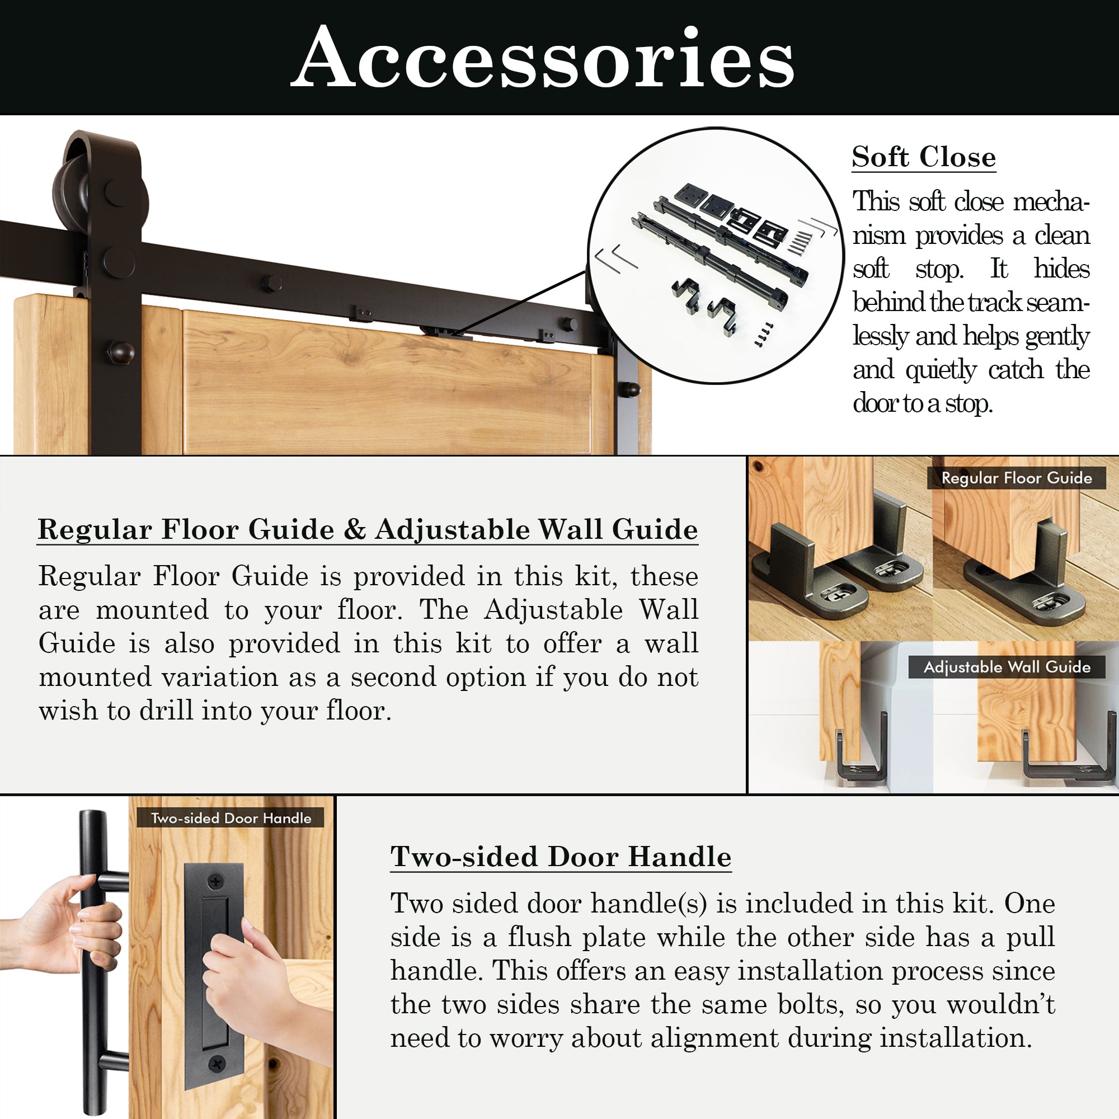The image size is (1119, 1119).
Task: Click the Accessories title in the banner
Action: pyautogui.click(x=542, y=58)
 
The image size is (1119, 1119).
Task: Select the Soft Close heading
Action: pyautogui.click(x=923, y=157)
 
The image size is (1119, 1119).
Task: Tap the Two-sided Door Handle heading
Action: pyautogui.click(x=561, y=857)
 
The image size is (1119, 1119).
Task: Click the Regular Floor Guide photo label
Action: pyautogui.click(x=1017, y=478)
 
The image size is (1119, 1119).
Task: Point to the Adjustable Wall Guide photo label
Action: pyautogui.click(x=1007, y=667)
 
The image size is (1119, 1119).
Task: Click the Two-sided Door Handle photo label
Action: pyautogui.click(x=231, y=818)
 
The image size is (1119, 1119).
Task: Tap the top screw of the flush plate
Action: pyautogui.click(x=216, y=882)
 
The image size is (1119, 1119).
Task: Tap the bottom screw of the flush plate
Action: pyautogui.click(x=216, y=1063)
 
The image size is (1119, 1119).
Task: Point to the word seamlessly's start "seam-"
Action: pyautogui.click(x=1057, y=303)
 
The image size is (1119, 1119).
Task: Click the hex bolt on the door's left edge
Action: pyautogui.click(x=120, y=351)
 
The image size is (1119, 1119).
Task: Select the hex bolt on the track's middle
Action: pyautogui.click(x=270, y=283)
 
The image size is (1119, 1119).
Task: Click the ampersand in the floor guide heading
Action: pyautogui.click(x=354, y=529)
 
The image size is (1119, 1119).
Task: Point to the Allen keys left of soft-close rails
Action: pyautogui.click(x=615, y=258)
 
